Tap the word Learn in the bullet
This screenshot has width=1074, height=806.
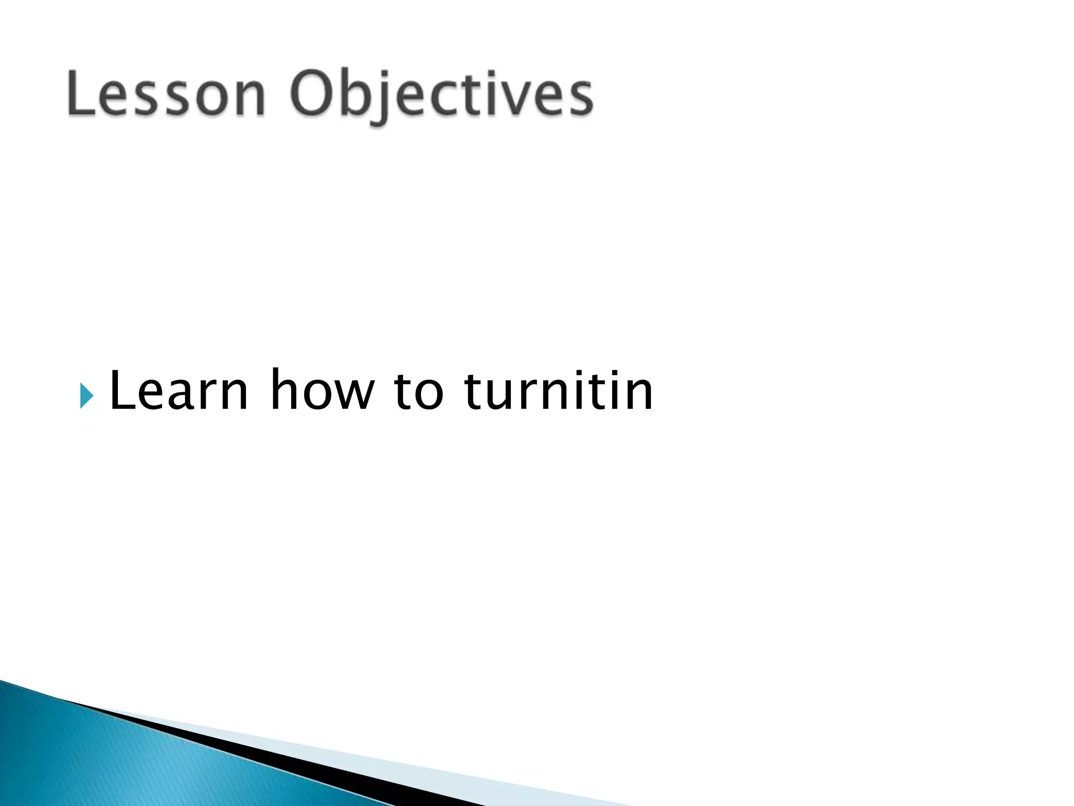178,390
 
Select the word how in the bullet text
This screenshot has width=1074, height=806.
322,390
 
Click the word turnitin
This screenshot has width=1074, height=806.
559,390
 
